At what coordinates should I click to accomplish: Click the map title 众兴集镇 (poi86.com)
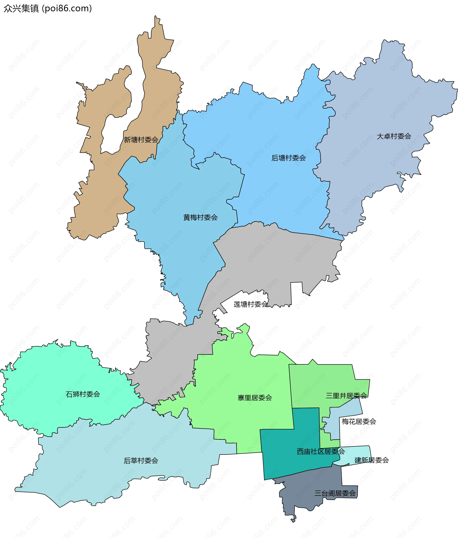coord(48,9)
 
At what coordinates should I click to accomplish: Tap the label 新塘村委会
coord(141,140)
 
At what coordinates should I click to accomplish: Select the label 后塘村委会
coord(288,158)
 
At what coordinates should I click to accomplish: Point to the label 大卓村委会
coord(394,136)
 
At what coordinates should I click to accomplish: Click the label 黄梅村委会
coord(200,218)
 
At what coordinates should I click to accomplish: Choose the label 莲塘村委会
coord(250,304)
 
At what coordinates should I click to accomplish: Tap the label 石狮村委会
coord(83,394)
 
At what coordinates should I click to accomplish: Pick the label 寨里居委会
coord(255,397)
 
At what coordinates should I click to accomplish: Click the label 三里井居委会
coord(346,396)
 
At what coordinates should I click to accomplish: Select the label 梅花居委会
coord(359,421)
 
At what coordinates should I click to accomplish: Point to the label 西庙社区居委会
coord(321,451)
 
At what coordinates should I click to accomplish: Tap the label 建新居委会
coord(372,460)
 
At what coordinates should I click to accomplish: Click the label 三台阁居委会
coord(335,493)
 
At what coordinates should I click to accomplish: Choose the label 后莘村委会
coord(141,461)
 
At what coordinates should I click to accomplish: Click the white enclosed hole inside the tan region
coord(110,135)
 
